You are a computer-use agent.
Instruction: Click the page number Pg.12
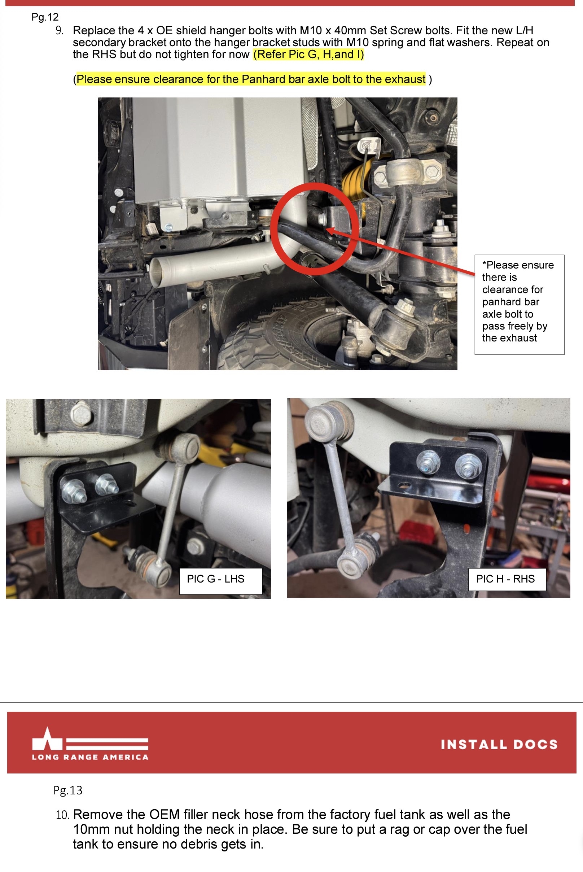pos(45,17)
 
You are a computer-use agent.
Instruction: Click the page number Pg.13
pos(68,790)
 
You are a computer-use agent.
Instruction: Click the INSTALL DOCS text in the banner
pos(499,744)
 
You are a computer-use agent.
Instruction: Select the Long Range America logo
pos(90,744)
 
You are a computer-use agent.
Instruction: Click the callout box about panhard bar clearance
pos(519,305)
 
